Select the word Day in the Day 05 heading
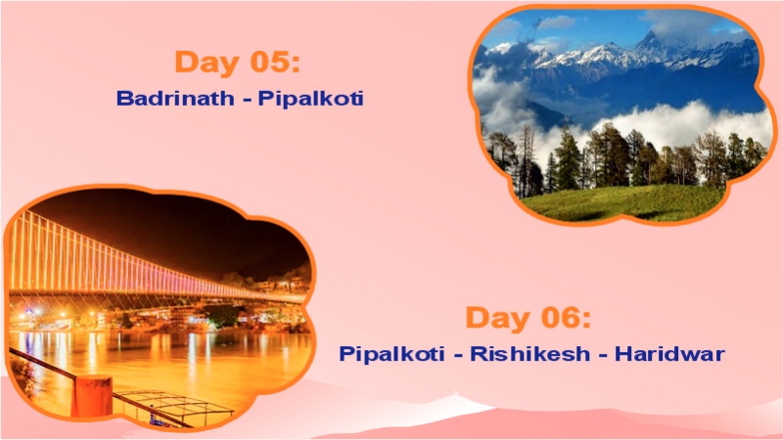coord(205,62)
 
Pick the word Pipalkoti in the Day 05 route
coord(310,99)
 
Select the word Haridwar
coord(669,353)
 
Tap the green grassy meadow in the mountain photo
coord(626,201)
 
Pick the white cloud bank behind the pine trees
coord(685,122)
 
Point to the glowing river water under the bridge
coord(196,352)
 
